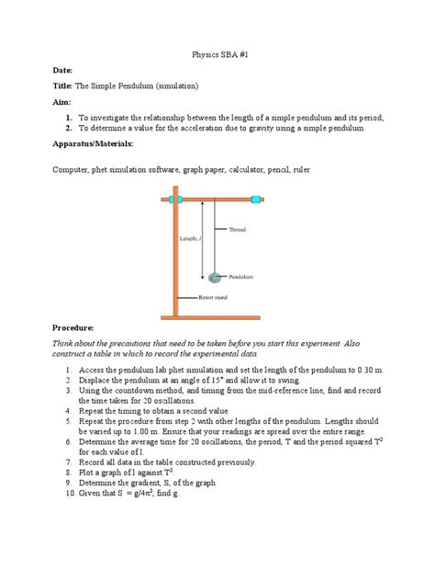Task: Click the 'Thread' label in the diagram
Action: [238, 229]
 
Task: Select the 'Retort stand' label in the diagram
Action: [218, 298]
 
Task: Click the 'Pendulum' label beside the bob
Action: [242, 277]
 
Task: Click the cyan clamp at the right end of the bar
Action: [257, 199]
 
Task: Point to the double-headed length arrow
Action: [203, 241]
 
